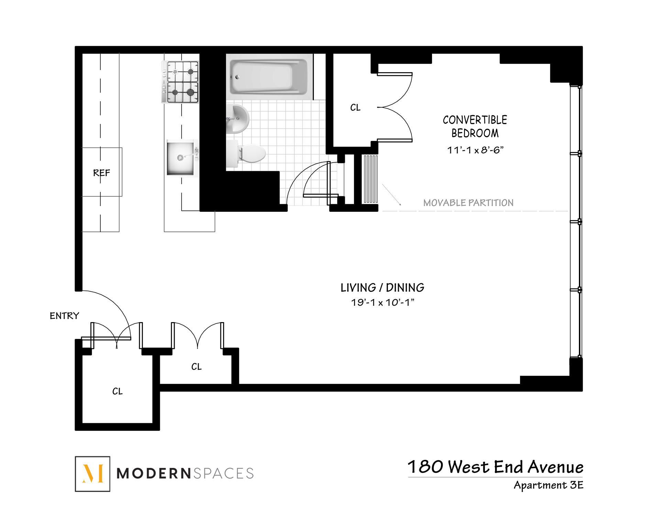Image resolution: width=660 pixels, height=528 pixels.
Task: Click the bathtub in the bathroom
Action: (269, 77)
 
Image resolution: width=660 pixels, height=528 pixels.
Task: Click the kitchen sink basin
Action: (181, 157)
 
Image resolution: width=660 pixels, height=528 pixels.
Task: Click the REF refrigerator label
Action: (101, 173)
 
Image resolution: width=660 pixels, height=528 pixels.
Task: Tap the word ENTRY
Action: (64, 316)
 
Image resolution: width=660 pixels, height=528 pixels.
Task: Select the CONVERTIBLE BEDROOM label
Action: (475, 126)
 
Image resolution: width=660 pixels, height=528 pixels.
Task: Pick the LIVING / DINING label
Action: (382, 287)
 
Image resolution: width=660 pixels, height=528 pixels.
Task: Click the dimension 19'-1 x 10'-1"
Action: (382, 302)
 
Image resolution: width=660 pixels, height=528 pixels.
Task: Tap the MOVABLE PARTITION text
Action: (468, 203)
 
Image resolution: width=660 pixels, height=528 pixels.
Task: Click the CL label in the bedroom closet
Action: (355, 108)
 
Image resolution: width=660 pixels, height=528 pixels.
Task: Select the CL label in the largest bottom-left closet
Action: (117, 391)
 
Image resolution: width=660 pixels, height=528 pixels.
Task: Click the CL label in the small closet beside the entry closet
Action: (196, 367)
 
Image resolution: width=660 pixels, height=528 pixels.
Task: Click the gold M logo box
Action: (92, 474)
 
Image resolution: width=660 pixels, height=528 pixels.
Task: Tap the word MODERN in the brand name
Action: (153, 473)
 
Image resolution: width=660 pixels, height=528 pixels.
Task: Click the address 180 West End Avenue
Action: (495, 467)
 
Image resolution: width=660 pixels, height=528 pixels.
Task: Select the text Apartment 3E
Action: (548, 485)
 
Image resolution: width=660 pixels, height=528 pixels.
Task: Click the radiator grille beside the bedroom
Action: (371, 179)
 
